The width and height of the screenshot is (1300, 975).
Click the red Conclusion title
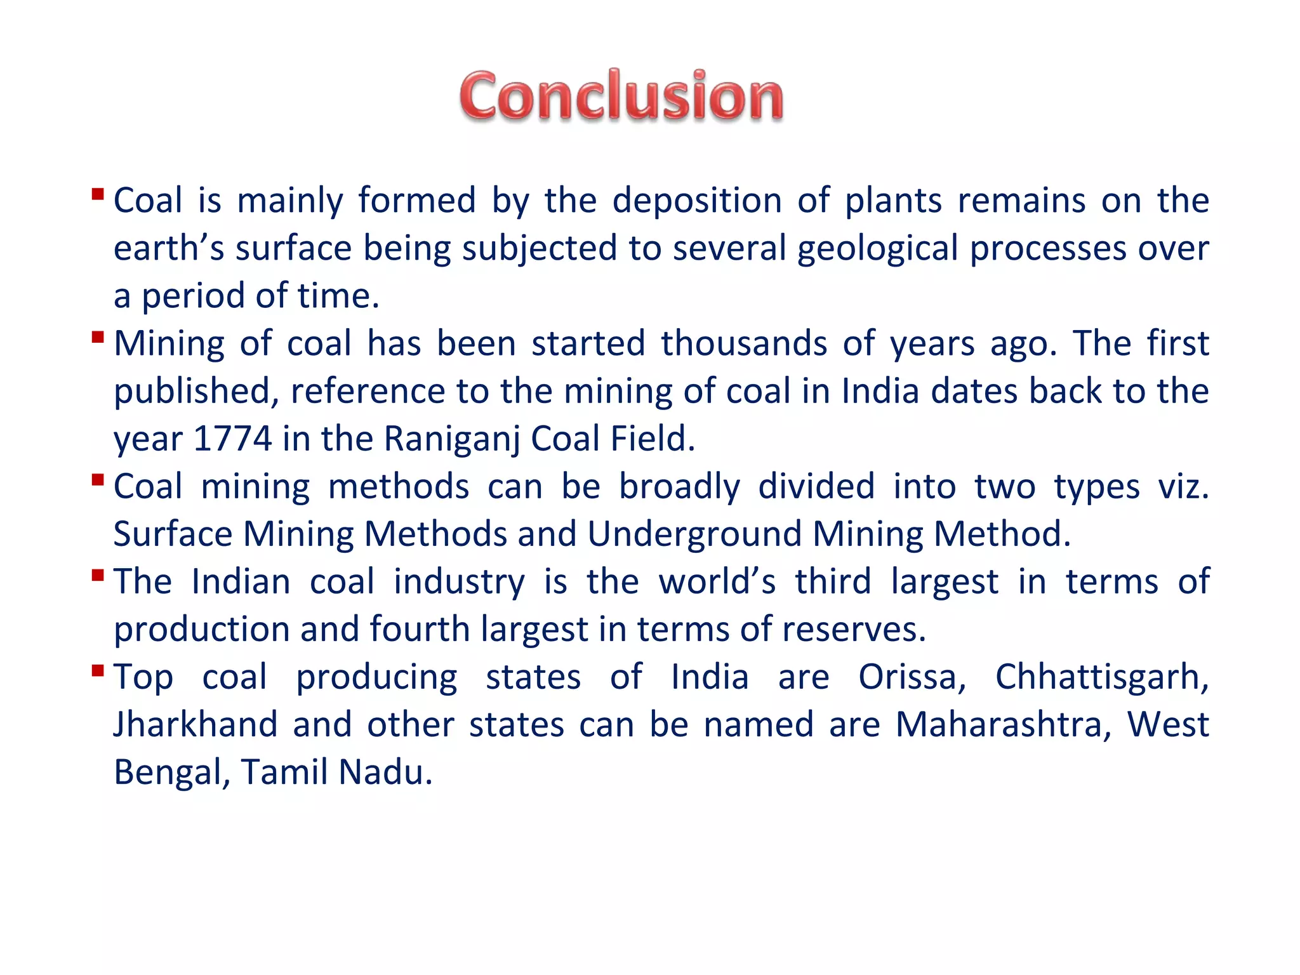tap(621, 96)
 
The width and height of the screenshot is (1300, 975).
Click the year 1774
tap(232, 439)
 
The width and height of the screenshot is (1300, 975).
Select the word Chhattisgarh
tap(1101, 677)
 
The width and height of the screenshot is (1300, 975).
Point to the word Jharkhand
tap(196, 724)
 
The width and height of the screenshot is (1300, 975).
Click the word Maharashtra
tap(1003, 724)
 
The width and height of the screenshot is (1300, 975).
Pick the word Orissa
tap(912, 677)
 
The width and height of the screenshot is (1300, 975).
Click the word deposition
tap(696, 201)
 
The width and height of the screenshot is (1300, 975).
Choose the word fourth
tap(420, 629)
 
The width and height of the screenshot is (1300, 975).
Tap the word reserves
tap(854, 630)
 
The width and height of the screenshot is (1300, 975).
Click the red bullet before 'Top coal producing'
tap(98, 670)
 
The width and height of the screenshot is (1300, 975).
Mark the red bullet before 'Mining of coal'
tap(98, 336)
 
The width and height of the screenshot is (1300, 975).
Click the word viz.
tap(1183, 487)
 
